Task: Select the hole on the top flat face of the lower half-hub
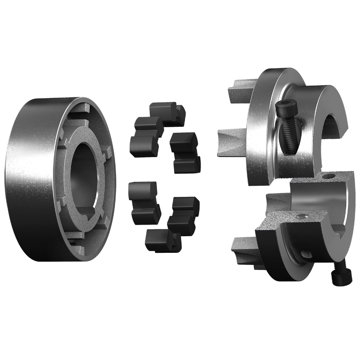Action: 329,175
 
